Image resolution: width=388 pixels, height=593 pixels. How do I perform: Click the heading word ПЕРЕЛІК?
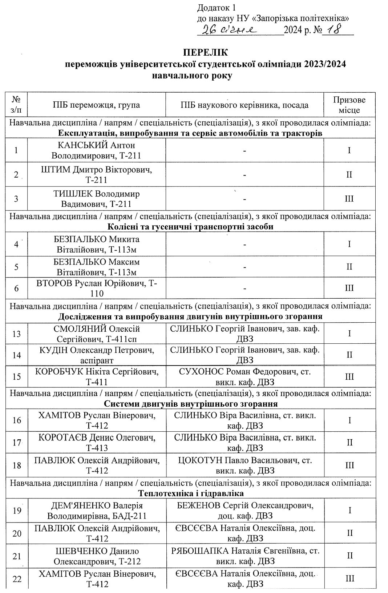(x=206, y=53)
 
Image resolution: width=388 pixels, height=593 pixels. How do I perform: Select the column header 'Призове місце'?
(x=349, y=105)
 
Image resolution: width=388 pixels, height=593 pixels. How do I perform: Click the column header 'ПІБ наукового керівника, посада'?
(x=244, y=105)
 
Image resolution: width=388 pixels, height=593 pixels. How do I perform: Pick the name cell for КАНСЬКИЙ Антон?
(x=96, y=150)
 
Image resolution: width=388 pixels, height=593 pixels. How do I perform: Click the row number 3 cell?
(x=16, y=199)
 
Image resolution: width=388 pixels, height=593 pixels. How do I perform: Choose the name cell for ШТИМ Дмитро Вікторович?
(x=96, y=175)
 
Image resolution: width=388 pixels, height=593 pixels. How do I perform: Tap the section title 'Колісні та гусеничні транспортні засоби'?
(x=191, y=226)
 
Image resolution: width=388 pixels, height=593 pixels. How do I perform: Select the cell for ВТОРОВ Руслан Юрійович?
(x=96, y=288)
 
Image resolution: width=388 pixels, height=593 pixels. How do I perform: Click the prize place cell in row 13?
(x=349, y=334)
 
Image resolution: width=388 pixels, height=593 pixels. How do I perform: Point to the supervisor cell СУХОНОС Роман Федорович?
(x=244, y=376)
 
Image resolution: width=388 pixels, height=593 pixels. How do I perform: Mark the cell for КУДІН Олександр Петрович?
(x=96, y=355)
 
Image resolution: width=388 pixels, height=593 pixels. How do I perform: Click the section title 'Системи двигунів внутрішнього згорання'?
(x=191, y=404)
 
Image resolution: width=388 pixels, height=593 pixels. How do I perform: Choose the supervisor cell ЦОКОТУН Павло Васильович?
(x=244, y=465)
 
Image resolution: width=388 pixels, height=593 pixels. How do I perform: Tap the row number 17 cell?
(x=16, y=443)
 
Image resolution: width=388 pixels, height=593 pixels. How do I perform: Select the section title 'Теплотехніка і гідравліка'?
(x=191, y=493)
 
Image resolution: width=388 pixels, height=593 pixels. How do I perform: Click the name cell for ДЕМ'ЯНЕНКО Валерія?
(x=96, y=511)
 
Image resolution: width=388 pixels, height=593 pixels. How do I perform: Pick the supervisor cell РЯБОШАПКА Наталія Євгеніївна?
(x=244, y=556)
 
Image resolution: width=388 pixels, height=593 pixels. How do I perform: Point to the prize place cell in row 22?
(x=349, y=579)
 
